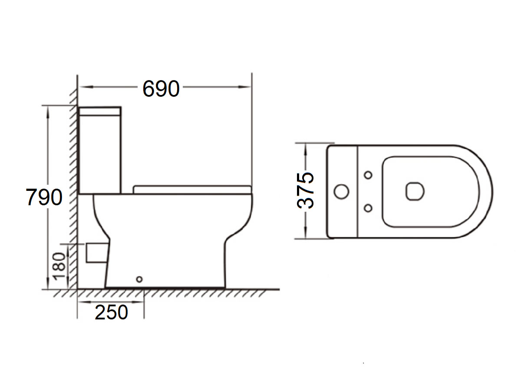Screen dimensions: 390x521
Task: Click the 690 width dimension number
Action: click(x=161, y=89)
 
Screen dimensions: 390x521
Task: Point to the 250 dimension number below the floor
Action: click(x=112, y=312)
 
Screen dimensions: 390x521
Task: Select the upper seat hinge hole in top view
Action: click(x=368, y=175)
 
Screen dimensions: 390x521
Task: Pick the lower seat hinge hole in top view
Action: click(x=368, y=208)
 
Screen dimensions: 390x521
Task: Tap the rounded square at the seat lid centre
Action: click(x=415, y=191)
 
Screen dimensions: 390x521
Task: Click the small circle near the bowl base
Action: click(x=139, y=279)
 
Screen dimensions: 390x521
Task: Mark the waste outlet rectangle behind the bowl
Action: click(x=96, y=253)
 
